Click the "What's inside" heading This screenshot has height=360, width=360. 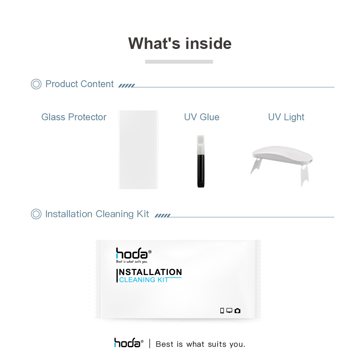(180, 44)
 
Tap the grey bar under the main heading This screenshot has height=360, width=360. (179, 62)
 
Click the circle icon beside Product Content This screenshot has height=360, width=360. (36, 84)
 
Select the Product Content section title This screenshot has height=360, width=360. (80, 84)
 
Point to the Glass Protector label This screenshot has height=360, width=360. (74, 117)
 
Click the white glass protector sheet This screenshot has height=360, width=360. (138, 149)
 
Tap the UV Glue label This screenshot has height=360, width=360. (202, 117)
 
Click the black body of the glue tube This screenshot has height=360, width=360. (201, 171)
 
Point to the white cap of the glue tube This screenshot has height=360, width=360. (201, 145)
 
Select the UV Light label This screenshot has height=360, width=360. (286, 117)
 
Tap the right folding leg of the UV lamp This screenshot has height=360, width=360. (305, 175)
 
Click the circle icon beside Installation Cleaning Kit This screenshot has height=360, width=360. (36, 214)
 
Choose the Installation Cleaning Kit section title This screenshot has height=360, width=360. (97, 214)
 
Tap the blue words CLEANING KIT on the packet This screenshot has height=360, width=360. (144, 280)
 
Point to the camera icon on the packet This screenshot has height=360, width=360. (237, 311)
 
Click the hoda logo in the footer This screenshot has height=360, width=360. (129, 343)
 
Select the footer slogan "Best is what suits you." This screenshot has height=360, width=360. (201, 344)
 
